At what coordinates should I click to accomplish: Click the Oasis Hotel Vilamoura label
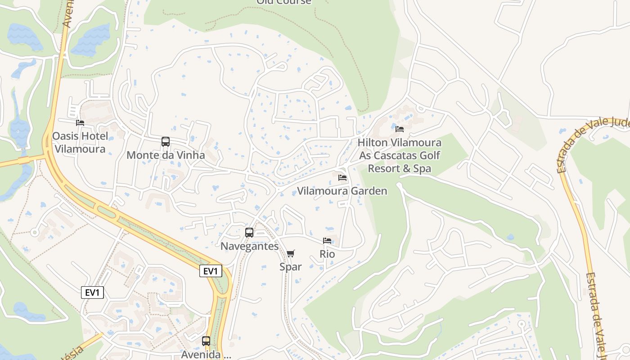click(x=80, y=142)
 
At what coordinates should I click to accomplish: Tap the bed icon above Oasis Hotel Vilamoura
click(x=80, y=122)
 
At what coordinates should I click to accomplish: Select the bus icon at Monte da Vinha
click(x=166, y=142)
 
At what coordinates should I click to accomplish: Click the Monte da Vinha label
click(x=166, y=155)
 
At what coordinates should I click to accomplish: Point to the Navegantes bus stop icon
click(x=249, y=233)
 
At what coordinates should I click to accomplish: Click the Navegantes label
click(x=249, y=246)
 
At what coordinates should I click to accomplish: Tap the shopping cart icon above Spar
click(x=290, y=254)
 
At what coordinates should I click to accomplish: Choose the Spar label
click(x=290, y=267)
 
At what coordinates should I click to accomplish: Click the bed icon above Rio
click(x=327, y=241)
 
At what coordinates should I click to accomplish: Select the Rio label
click(x=327, y=254)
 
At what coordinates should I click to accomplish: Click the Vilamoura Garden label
click(x=342, y=191)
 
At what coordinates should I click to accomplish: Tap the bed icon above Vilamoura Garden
click(x=342, y=178)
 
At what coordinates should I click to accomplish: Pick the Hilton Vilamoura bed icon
click(x=399, y=129)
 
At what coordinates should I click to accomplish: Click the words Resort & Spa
click(x=399, y=169)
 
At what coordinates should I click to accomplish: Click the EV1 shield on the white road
click(x=93, y=292)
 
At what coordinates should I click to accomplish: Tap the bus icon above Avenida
click(x=206, y=341)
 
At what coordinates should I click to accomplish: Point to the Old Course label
click(x=283, y=2)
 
